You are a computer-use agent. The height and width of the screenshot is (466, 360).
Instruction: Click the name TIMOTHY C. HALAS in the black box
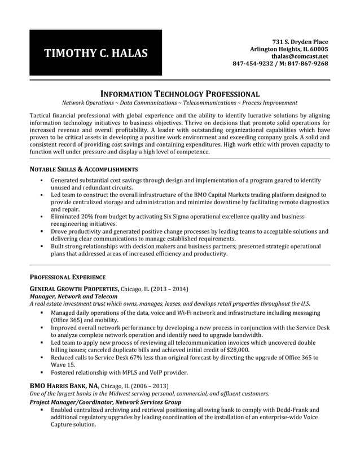[x=96, y=54]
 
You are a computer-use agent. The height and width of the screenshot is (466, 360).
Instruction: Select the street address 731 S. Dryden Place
[x=300, y=42]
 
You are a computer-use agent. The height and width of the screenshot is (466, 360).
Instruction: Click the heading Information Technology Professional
[x=179, y=94]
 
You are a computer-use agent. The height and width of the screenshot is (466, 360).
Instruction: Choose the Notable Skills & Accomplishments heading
[x=83, y=169]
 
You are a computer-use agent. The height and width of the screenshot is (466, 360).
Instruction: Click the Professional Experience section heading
[x=67, y=277]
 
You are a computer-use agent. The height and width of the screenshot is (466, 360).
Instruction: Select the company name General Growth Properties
[x=74, y=289]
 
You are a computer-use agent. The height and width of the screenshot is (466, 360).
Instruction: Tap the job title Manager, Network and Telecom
[x=73, y=296]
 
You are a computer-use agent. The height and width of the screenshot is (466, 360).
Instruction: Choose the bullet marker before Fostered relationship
[x=42, y=373]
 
